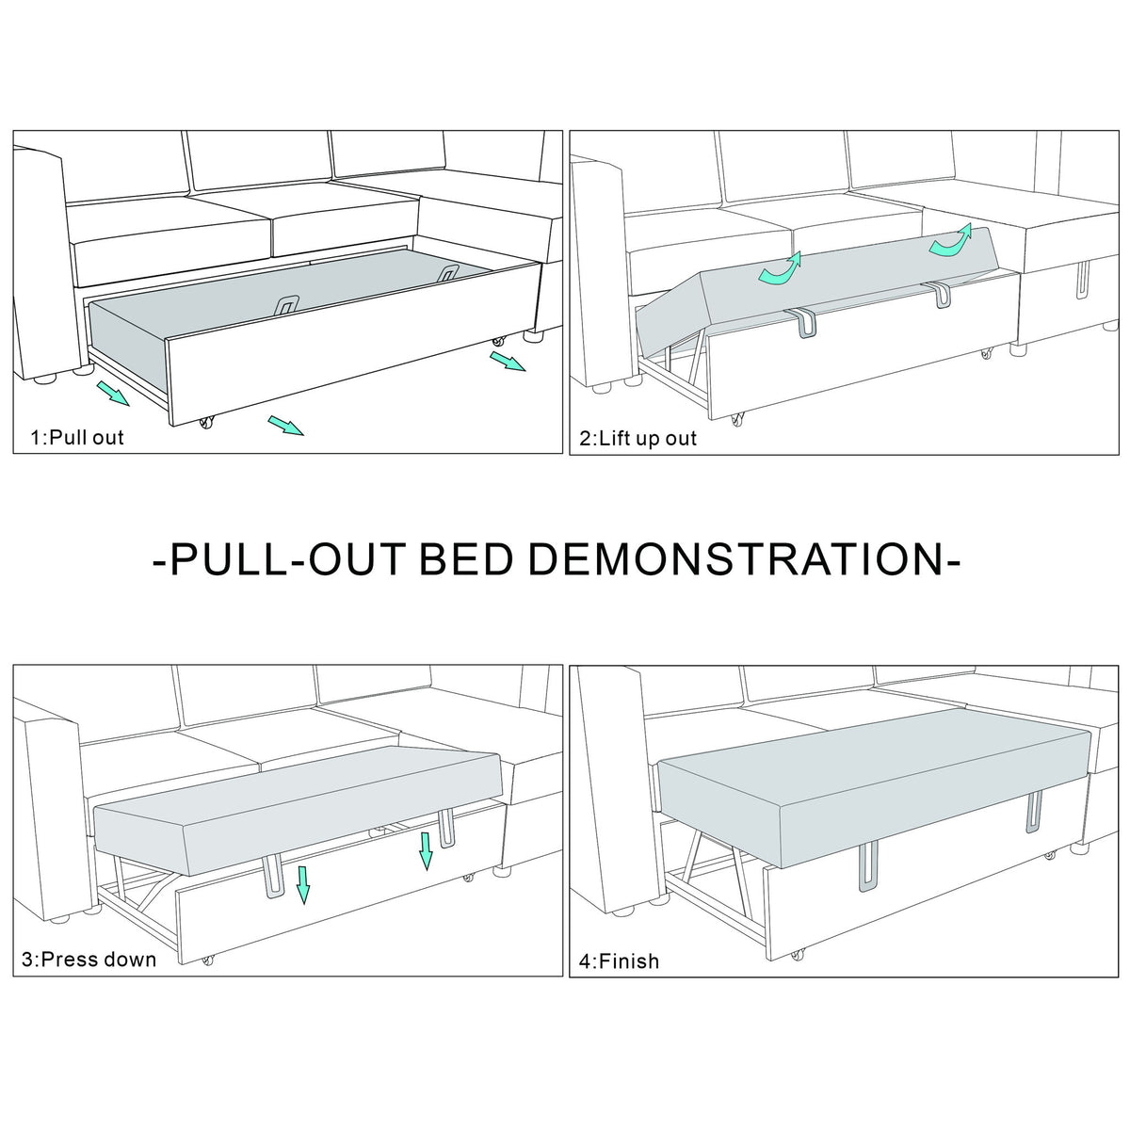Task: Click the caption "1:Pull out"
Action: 77,438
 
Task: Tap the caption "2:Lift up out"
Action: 638,438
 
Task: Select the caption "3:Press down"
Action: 89,960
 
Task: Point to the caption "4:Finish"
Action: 620,961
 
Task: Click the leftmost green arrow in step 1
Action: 113,393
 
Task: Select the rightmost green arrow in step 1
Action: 508,362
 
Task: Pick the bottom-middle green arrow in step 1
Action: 286,426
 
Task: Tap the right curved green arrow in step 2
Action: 950,240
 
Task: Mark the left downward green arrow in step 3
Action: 302,883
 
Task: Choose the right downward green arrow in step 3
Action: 426,851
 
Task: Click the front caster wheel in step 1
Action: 206,422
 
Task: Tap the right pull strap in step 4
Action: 1033,811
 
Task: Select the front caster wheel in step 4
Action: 796,955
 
